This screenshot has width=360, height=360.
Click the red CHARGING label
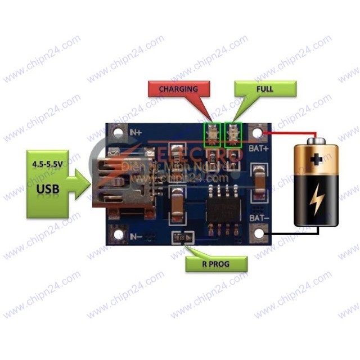tap(178, 89)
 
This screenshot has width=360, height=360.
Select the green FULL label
tap(264, 89)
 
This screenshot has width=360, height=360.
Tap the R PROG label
tap(216, 263)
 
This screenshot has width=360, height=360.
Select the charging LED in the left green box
tap(213, 134)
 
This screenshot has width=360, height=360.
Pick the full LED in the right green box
tap(232, 134)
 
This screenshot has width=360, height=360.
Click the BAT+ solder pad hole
tap(259, 134)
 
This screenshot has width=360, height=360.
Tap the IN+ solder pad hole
tap(118, 133)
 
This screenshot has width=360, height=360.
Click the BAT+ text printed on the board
tap(259, 150)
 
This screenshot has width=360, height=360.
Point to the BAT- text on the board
tap(259, 217)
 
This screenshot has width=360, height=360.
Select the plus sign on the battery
tap(317, 159)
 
